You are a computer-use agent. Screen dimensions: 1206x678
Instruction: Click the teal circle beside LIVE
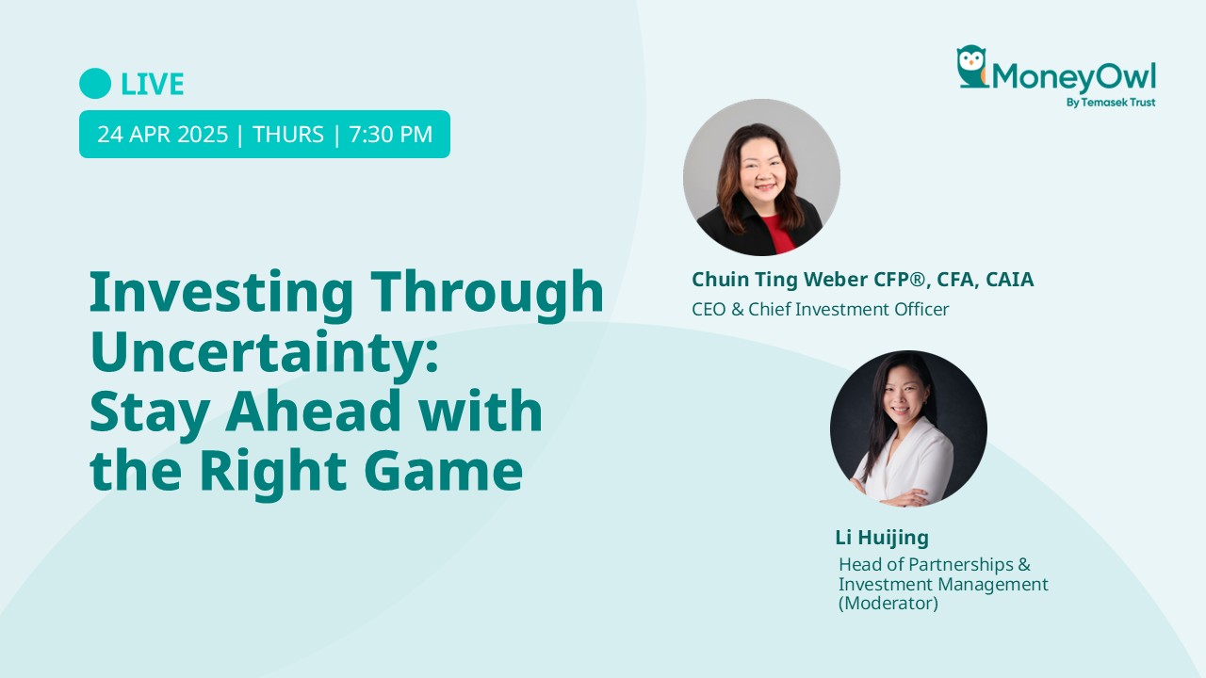pos(95,84)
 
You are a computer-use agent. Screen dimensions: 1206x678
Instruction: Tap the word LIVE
pos(153,84)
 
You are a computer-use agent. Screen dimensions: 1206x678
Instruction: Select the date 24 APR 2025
pos(163,135)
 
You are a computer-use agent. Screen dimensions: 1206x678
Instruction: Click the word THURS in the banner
pos(288,135)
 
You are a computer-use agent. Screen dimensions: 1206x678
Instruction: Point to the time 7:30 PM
pos(391,135)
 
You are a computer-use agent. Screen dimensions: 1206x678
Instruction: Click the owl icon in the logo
pos(971,66)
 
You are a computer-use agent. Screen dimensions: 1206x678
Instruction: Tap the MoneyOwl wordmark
pos(1073,77)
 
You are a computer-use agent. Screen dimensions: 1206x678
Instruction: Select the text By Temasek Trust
pos(1111,103)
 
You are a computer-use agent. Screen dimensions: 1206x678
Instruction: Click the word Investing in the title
pos(221,294)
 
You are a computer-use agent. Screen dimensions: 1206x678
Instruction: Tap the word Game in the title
pos(443,471)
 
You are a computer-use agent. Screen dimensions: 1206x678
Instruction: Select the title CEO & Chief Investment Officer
pos(820,310)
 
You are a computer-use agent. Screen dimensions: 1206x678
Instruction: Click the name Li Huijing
pos(882,538)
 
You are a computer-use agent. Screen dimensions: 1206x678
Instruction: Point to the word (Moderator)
pos(888,604)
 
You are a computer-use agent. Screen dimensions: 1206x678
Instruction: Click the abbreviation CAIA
pos(1012,280)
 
